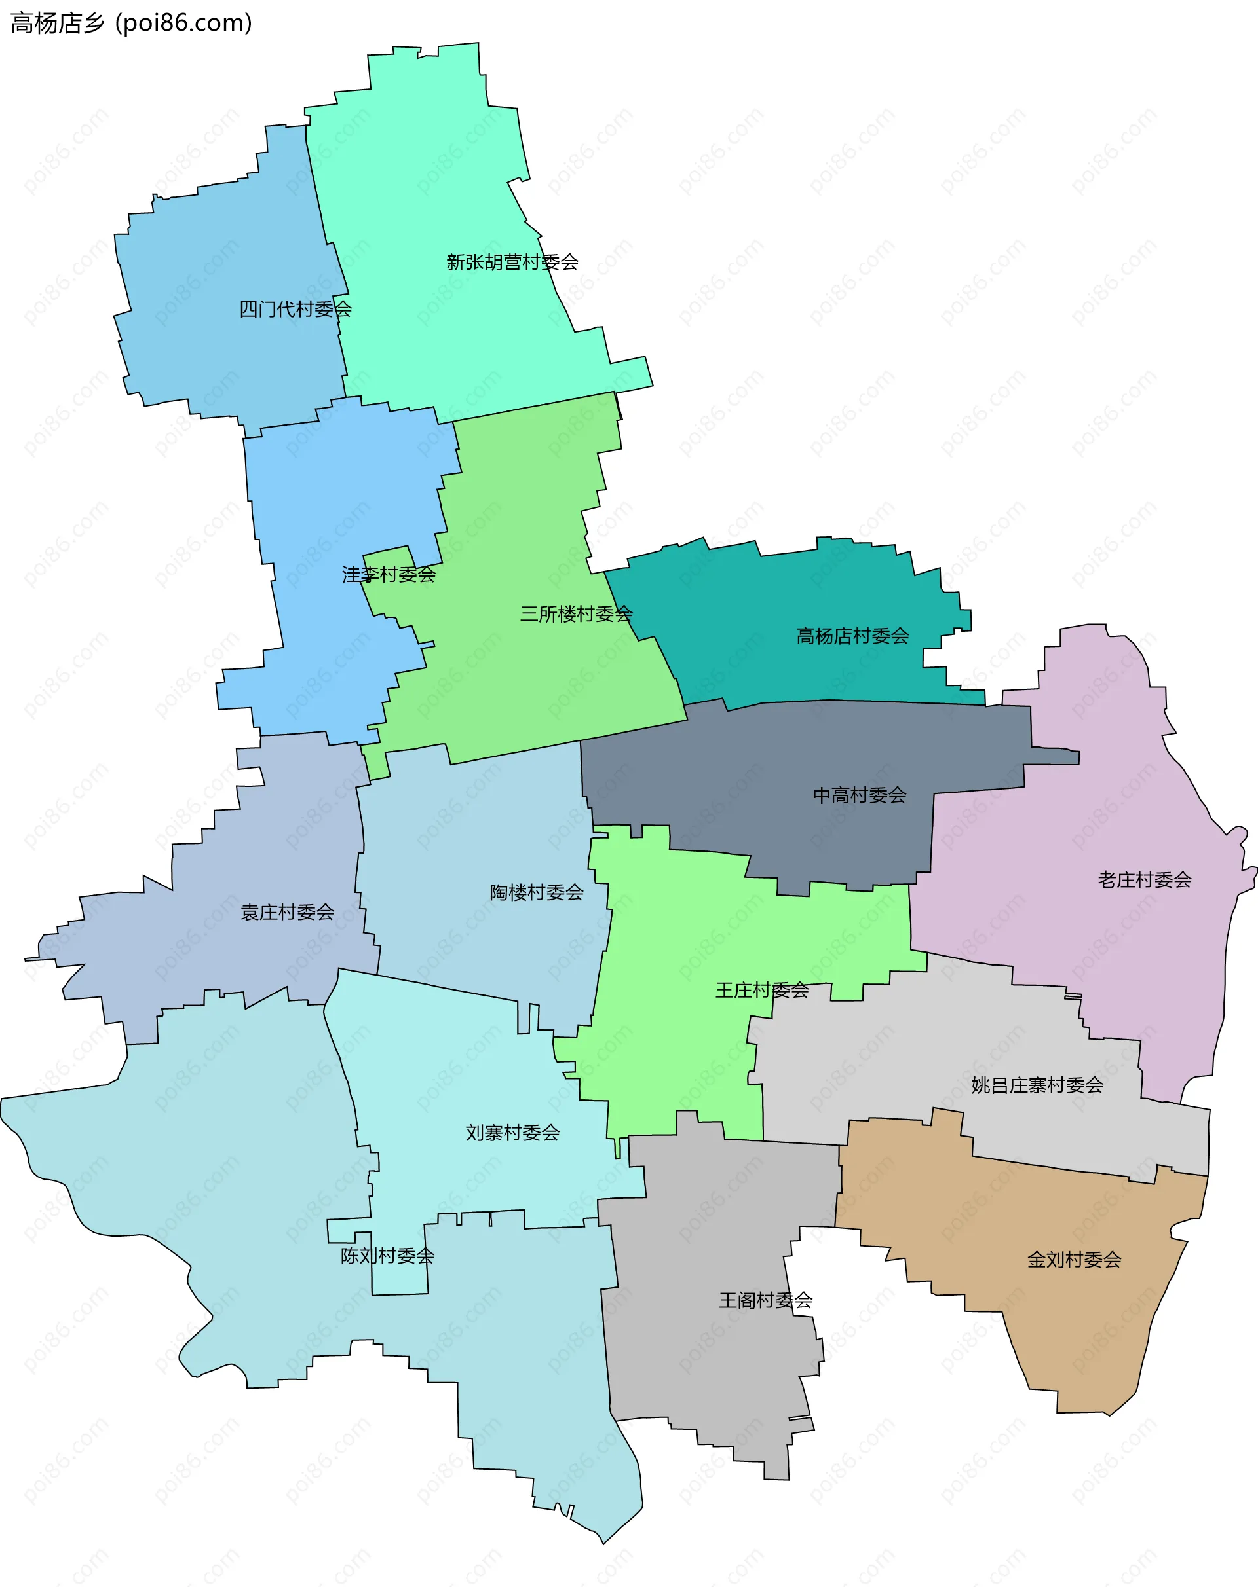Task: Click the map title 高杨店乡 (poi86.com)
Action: (131, 24)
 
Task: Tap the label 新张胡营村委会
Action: (512, 262)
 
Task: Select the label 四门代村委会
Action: (295, 309)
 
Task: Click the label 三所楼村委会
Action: (576, 614)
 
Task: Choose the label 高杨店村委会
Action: (852, 636)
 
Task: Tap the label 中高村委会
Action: (860, 795)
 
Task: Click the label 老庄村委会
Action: (1145, 880)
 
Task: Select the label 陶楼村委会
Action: (536, 893)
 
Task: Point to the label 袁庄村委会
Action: (287, 913)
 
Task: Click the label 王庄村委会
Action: (762, 991)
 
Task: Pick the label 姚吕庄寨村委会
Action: (1037, 1085)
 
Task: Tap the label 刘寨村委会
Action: (512, 1133)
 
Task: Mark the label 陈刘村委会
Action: (387, 1256)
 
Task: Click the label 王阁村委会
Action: (766, 1301)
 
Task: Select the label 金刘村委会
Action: (1074, 1260)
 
